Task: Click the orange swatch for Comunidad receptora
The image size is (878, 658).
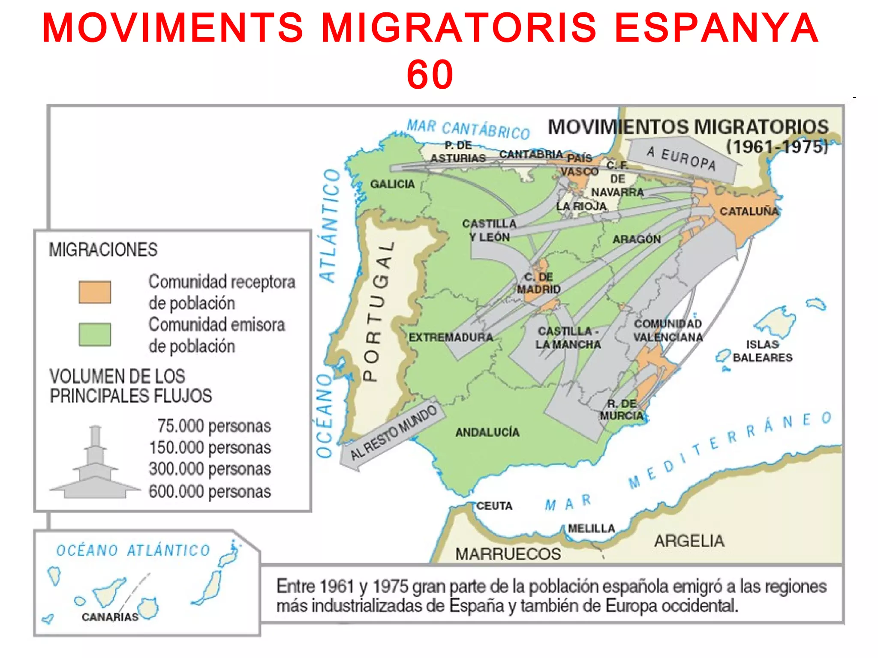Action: coord(95,292)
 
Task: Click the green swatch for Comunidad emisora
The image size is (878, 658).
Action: coord(95,334)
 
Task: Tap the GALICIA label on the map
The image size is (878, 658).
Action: coord(392,184)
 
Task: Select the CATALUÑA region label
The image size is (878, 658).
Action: coord(749,211)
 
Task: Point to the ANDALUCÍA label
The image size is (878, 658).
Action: coord(487,432)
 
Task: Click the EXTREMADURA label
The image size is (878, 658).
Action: coord(451,337)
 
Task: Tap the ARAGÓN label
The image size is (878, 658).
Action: coord(637,239)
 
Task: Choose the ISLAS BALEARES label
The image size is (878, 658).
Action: coord(762,351)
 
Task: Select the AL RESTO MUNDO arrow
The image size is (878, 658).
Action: coord(392,433)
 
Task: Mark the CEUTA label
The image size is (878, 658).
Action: coord(494,506)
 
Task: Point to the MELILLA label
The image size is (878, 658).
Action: coord(592,529)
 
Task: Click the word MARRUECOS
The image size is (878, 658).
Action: coord(508,554)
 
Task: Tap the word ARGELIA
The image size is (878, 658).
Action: coord(689,541)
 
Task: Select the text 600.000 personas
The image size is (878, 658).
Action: coord(210,491)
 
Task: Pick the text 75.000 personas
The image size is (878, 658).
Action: coord(214,426)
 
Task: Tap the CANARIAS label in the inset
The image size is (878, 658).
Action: coord(110,617)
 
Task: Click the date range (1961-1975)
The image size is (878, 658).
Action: coord(777,147)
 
